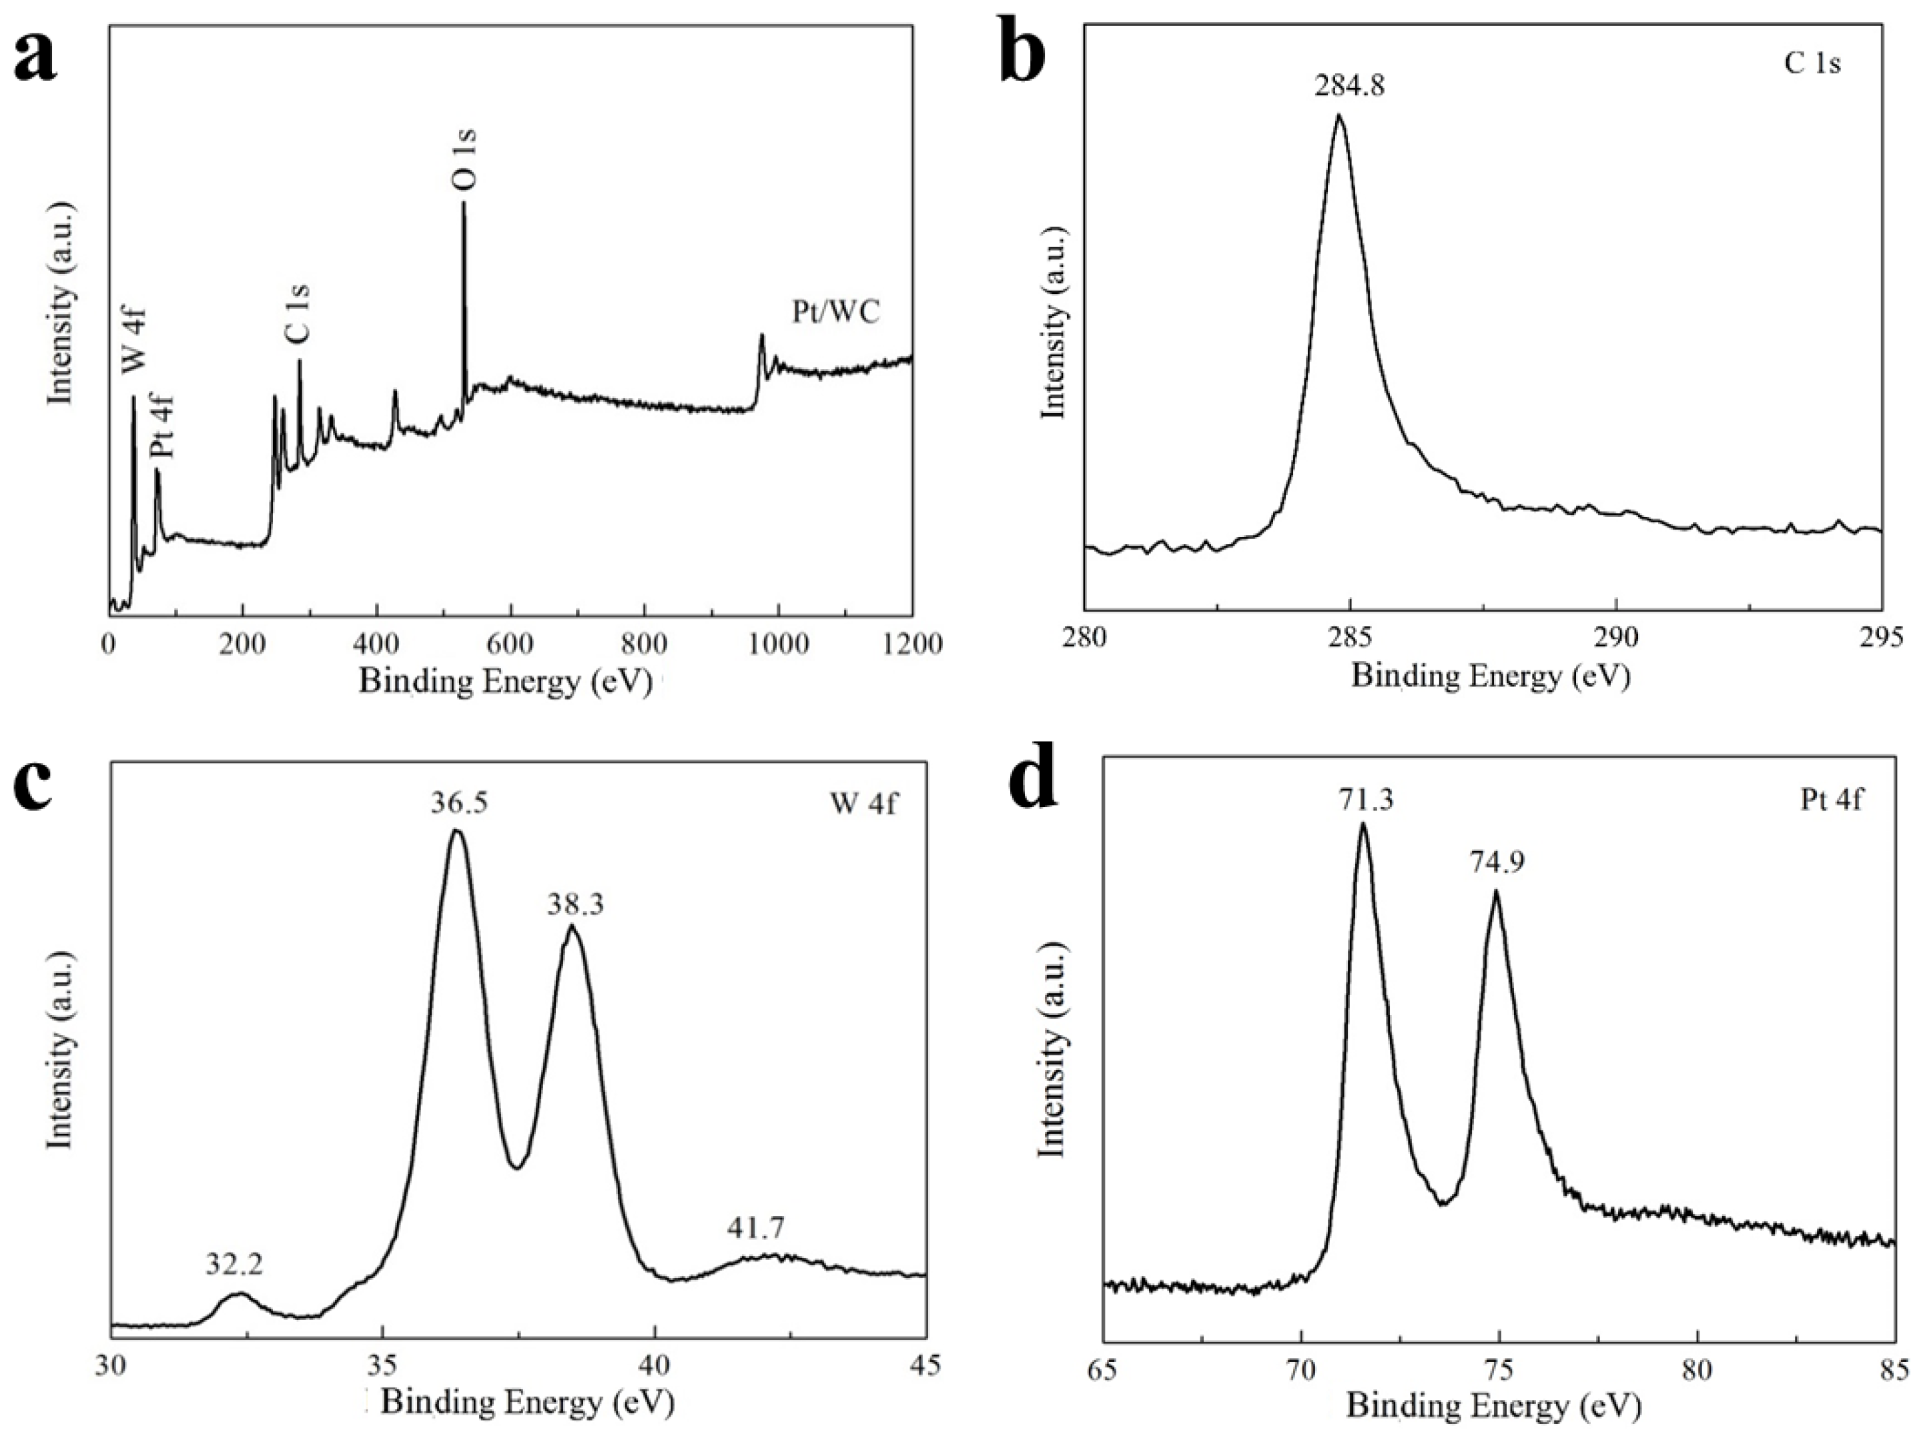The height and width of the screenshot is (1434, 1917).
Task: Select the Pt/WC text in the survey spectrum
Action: (x=835, y=312)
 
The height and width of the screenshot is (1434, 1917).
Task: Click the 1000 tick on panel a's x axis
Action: (x=778, y=644)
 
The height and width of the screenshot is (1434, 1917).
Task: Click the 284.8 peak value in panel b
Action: (x=1349, y=87)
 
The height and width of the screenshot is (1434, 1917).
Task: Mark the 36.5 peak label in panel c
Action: (x=459, y=802)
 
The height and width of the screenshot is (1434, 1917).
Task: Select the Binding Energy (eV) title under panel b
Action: (x=1491, y=677)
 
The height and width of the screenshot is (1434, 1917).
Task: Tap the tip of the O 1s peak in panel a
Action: (x=464, y=203)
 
